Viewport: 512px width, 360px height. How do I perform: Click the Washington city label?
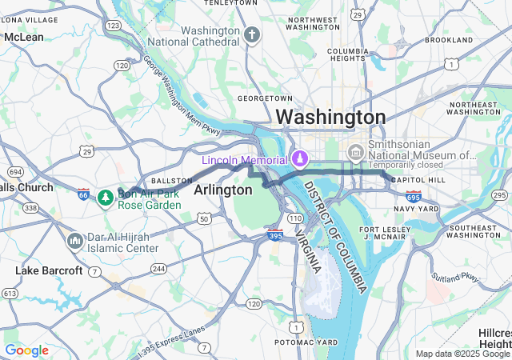330,117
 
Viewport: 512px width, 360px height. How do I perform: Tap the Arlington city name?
222,190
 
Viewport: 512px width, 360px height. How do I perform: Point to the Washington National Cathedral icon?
252,36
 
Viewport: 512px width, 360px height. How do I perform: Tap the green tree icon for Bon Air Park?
105,197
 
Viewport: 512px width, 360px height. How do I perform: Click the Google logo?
27,350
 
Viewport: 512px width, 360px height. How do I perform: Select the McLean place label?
24,37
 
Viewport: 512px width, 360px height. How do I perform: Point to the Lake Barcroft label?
49,271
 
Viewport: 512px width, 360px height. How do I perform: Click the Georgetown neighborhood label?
260,98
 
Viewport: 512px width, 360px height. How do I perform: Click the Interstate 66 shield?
84,194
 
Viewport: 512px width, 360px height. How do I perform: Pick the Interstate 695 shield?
413,196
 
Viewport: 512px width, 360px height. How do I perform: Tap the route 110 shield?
295,218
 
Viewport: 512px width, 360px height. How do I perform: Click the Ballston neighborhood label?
172,181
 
